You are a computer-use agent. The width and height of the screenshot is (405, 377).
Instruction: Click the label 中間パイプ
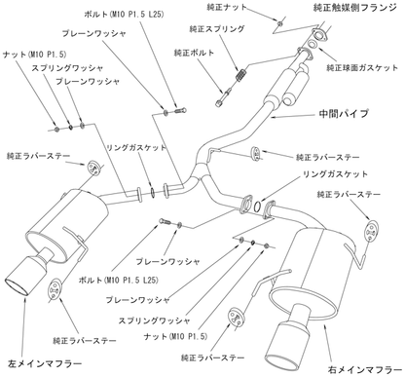[344, 114]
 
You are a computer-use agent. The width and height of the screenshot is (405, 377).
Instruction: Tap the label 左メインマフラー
[45, 363]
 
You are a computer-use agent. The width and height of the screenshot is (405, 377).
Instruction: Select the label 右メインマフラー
[365, 369]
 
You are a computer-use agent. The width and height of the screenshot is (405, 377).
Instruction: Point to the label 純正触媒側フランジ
[355, 8]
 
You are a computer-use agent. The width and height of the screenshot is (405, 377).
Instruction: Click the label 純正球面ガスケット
[362, 68]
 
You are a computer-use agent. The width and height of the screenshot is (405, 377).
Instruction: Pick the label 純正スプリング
[217, 29]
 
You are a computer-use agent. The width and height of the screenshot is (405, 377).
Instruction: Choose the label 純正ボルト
[194, 53]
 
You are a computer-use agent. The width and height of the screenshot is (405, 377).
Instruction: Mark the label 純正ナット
[227, 7]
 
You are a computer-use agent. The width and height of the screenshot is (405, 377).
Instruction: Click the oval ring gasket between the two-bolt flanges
[257, 206]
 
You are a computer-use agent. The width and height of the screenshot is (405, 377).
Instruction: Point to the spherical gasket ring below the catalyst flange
[312, 45]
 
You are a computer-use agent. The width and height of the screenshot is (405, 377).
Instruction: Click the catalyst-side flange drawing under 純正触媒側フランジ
[319, 34]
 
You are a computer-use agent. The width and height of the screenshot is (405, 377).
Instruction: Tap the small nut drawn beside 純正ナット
[280, 22]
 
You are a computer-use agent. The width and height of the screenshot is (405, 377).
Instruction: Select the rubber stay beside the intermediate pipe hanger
[255, 154]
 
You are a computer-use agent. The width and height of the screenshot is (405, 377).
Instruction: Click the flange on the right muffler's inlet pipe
[268, 210]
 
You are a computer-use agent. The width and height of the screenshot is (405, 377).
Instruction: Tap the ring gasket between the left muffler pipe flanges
[152, 192]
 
